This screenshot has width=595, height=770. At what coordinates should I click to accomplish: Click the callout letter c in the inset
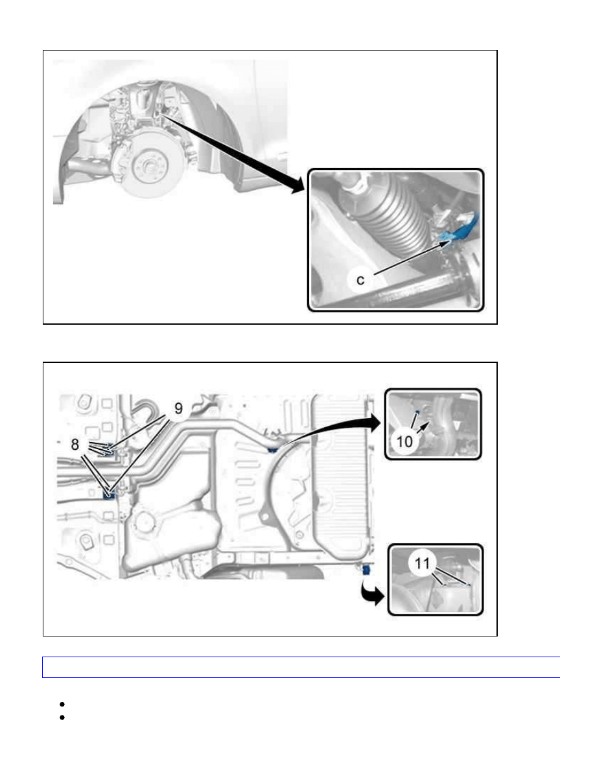click(360, 280)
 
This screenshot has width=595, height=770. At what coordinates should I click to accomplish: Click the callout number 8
click(75, 445)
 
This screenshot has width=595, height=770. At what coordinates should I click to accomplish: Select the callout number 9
click(178, 408)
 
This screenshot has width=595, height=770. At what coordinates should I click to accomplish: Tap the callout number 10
click(404, 441)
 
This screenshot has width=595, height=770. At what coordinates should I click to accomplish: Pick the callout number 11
click(422, 563)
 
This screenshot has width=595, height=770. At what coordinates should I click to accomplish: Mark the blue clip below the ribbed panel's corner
click(366, 570)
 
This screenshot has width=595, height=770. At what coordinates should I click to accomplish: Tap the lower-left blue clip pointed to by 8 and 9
click(108, 493)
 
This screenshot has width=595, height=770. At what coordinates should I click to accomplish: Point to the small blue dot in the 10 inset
click(417, 412)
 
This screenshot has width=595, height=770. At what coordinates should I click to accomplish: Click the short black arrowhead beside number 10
click(423, 427)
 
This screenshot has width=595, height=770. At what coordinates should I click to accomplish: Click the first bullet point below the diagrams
click(62, 704)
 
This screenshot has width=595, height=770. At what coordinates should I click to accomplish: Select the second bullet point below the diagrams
click(62, 717)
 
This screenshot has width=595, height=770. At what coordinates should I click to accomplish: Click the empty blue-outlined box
click(301, 668)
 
